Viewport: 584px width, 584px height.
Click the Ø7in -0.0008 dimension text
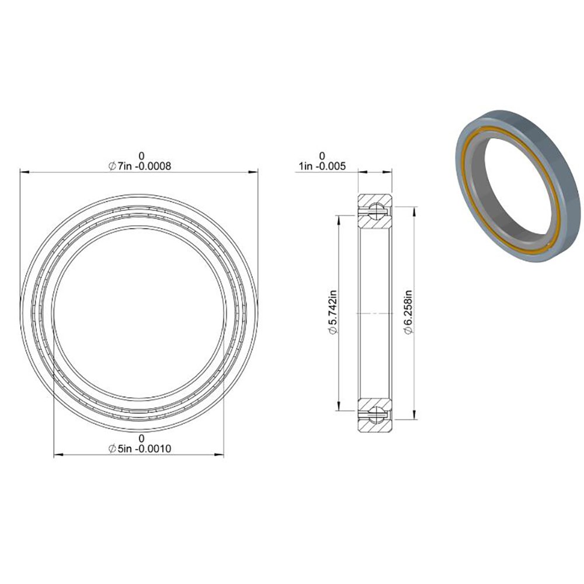point(139,166)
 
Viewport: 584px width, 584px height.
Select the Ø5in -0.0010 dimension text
point(139,449)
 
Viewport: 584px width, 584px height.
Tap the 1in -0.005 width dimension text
point(322,166)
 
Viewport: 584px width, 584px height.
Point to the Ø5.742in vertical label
point(332,314)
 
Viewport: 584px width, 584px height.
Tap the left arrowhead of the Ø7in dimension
point(23,172)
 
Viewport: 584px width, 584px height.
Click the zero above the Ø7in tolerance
point(141,156)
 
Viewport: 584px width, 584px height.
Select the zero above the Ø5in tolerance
point(141,439)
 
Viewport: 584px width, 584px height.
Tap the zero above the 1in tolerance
point(322,156)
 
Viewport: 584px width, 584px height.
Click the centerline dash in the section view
point(374,314)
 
